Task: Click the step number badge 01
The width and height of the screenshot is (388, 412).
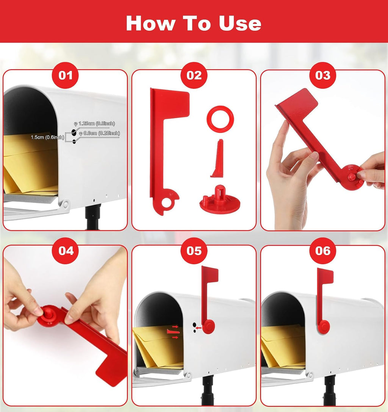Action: [65, 75]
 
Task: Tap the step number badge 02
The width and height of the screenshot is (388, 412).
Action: [194, 75]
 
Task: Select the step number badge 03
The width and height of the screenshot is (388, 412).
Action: [323, 75]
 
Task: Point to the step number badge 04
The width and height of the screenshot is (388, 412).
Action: [65, 251]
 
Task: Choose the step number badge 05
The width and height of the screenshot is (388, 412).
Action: [194, 251]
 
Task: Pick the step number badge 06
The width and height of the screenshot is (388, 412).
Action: [323, 251]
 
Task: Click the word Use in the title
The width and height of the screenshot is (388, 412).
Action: [240, 23]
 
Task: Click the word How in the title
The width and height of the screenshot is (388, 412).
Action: [151, 23]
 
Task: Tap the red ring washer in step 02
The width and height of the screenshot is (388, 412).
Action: [220, 111]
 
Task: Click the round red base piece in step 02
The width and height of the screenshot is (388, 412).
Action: [220, 200]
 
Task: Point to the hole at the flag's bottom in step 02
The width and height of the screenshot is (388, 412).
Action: [166, 202]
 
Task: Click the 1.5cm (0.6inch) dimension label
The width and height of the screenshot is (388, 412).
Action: [47, 137]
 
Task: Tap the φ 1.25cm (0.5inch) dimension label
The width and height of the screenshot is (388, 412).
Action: [95, 123]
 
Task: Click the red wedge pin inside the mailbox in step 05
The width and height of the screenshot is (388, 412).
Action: [173, 332]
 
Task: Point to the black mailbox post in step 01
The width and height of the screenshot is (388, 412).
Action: [93, 217]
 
